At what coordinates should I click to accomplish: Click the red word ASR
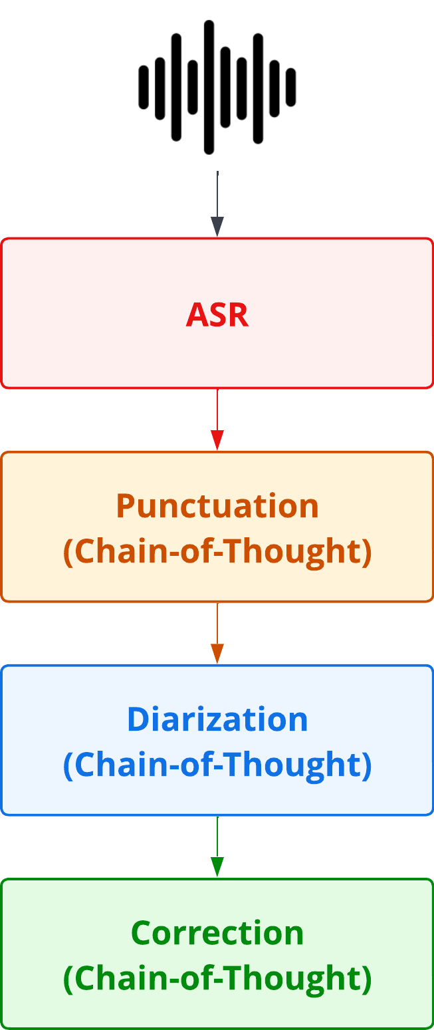217,315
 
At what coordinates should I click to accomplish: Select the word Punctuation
217,507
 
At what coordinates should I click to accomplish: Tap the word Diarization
217,720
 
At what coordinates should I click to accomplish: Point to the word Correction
217,933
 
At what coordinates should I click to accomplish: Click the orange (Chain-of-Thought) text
217,552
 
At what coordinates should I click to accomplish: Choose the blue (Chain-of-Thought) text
217,765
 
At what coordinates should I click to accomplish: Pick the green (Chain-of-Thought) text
217,979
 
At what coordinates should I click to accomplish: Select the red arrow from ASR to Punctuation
217,419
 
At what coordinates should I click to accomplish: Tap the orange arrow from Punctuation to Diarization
217,632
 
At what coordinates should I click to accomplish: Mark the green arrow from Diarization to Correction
217,846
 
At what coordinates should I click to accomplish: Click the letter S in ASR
217,315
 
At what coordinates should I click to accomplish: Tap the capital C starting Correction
142,933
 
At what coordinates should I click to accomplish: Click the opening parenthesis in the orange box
68,553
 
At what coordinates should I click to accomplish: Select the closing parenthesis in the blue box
367,766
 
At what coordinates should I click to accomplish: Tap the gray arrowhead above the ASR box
217,227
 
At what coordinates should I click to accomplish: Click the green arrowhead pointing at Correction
217,867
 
